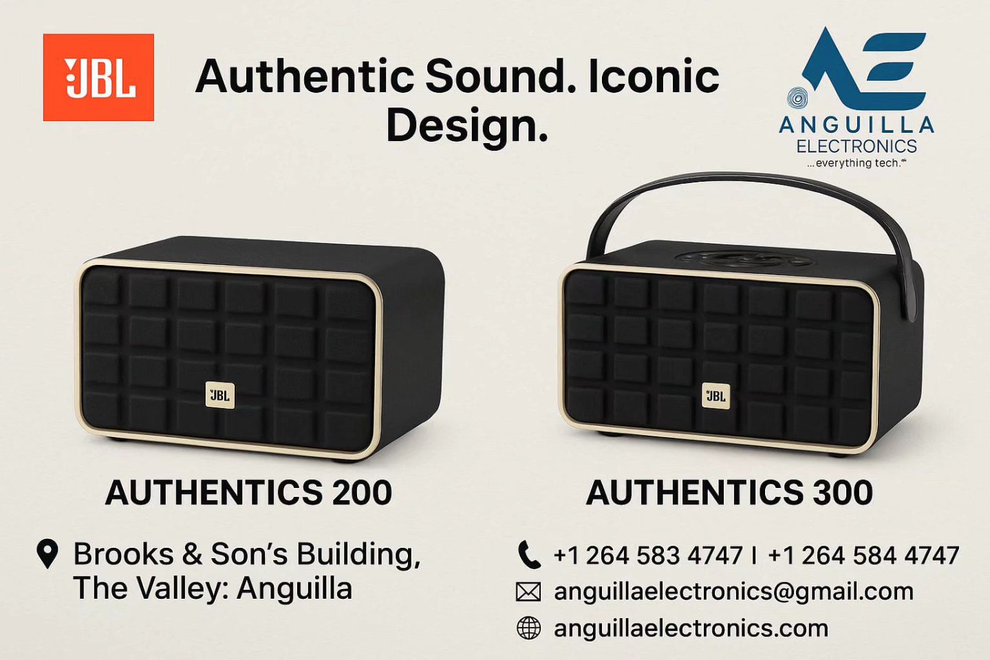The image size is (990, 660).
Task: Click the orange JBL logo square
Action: coord(98,77)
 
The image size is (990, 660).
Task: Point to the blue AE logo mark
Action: coord(862,66)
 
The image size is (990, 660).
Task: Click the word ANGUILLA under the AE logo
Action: coord(857,125)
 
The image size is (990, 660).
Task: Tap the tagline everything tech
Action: coord(857,163)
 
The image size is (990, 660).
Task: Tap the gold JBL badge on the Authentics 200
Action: coord(220,395)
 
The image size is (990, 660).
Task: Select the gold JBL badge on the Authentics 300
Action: coord(716,396)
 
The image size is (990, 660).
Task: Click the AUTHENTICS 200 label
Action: coord(249,493)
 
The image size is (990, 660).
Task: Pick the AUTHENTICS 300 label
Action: coord(729,493)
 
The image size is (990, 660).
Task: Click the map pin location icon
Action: coord(47,553)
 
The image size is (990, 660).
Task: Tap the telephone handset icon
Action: coord(528,554)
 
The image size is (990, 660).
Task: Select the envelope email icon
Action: coord(528,593)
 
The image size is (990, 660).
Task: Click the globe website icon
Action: coord(528,628)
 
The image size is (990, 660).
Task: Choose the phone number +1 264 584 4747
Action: coord(863,555)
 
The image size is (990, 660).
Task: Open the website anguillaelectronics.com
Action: coord(691,628)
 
